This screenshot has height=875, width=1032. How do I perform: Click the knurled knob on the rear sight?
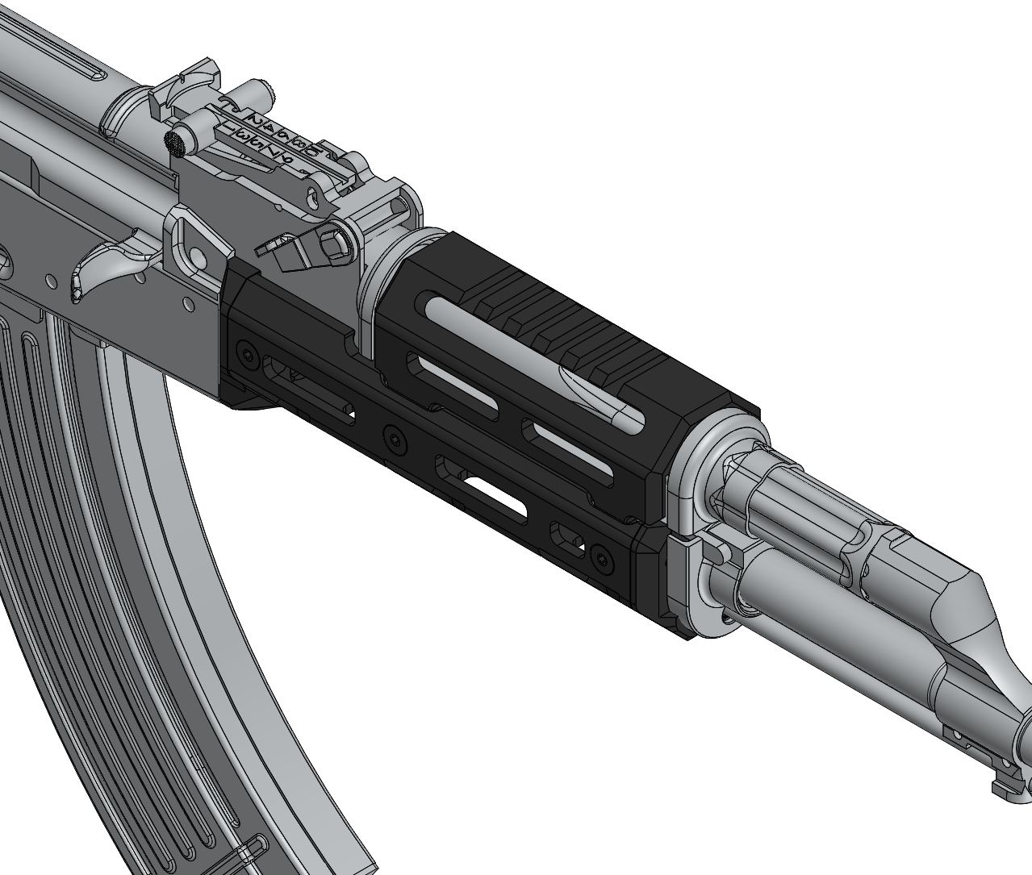[175, 143]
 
